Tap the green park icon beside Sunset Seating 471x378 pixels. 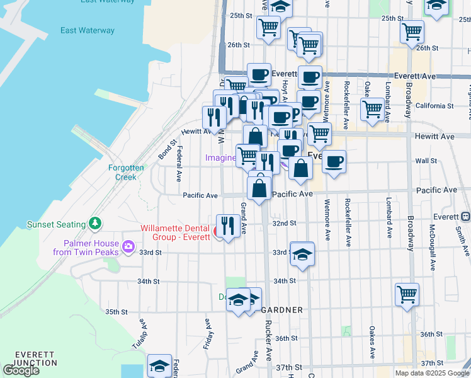pos(94,223)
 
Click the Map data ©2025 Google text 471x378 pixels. pos(432,373)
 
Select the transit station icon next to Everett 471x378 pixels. pos(465,216)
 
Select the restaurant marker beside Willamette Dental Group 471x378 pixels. pos(227,226)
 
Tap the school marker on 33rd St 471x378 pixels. pos(302,254)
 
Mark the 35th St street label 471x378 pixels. pos(116,312)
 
